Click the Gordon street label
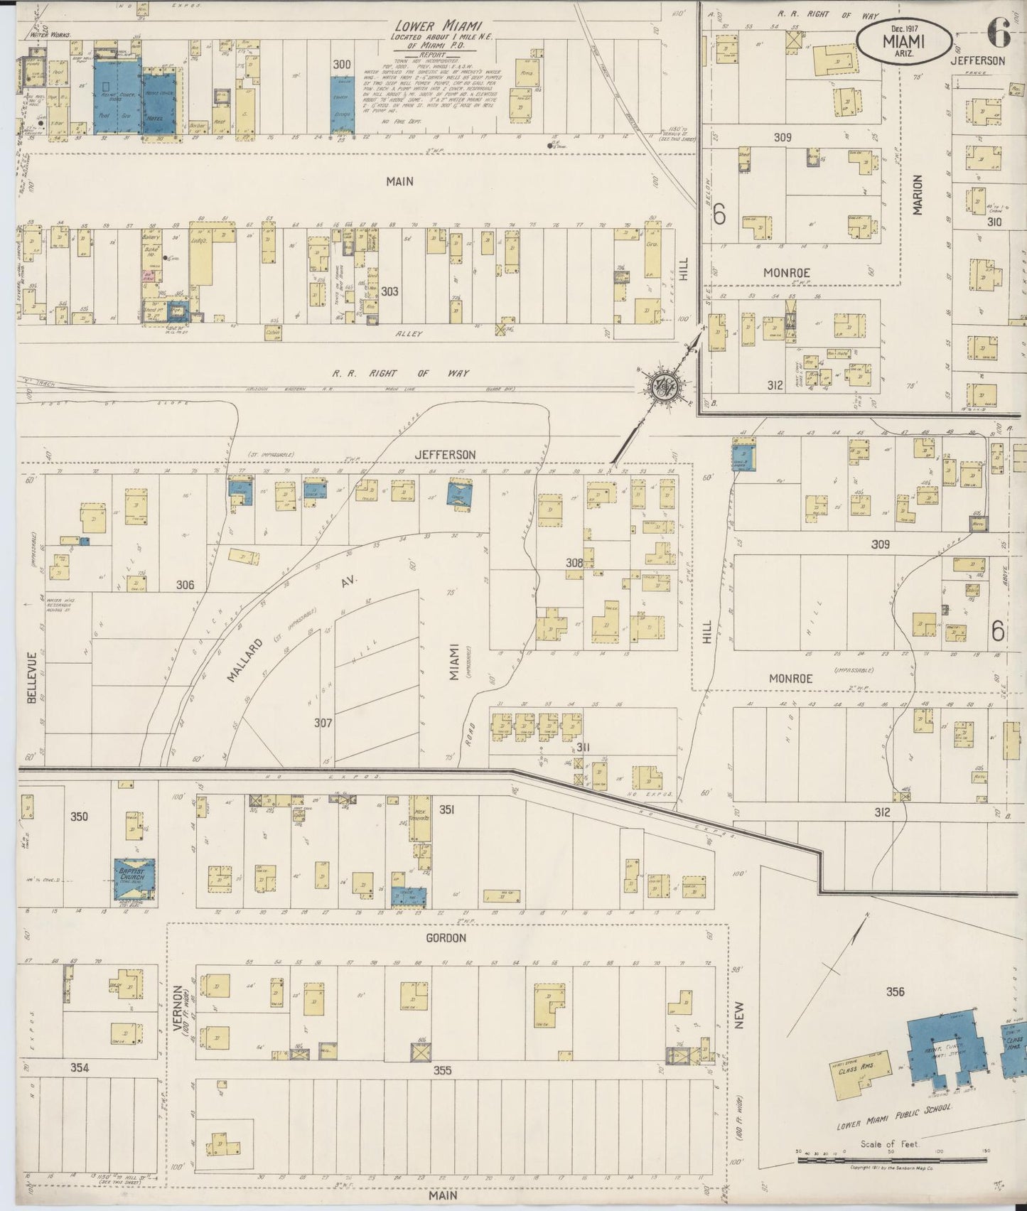tap(447, 938)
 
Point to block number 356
tap(896, 991)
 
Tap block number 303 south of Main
tap(389, 291)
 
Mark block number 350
tap(79, 816)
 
